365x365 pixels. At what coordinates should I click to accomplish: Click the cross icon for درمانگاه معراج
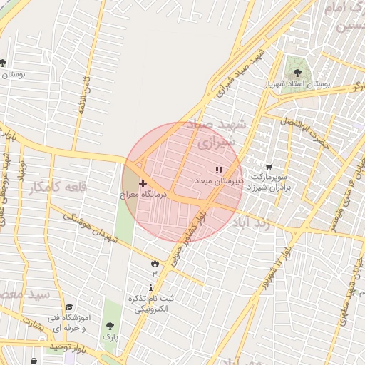click(x=143, y=183)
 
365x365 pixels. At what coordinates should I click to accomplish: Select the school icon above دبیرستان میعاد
click(x=218, y=170)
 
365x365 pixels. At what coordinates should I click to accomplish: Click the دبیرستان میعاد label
click(x=219, y=182)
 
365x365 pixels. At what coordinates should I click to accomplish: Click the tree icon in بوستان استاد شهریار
click(x=297, y=73)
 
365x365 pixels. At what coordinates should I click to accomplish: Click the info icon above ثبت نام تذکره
click(x=150, y=287)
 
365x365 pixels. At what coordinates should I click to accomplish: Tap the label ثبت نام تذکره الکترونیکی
click(x=150, y=304)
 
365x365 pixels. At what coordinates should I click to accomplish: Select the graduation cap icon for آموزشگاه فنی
click(x=69, y=307)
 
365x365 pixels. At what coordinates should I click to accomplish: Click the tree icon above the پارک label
click(x=110, y=325)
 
